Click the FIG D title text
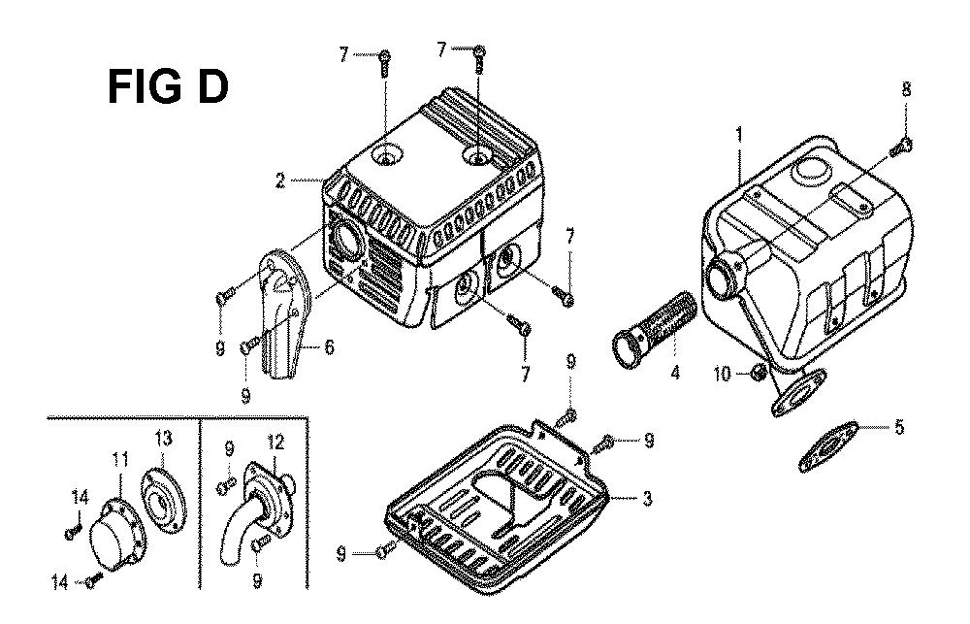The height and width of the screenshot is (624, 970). click(168, 86)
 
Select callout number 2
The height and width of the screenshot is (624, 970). click(280, 181)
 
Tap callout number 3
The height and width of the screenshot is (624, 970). click(646, 499)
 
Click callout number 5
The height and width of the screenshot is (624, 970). click(899, 427)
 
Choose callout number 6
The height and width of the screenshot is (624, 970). click(329, 347)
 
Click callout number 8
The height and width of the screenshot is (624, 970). click(906, 89)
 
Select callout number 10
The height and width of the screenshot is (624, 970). click(722, 374)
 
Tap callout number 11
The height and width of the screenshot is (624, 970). click(120, 459)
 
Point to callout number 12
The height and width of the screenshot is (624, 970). click(275, 442)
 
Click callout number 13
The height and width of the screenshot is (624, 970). click(163, 439)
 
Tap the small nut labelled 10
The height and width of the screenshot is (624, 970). click(756, 373)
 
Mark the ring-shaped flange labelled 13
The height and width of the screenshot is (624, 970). click(163, 499)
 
